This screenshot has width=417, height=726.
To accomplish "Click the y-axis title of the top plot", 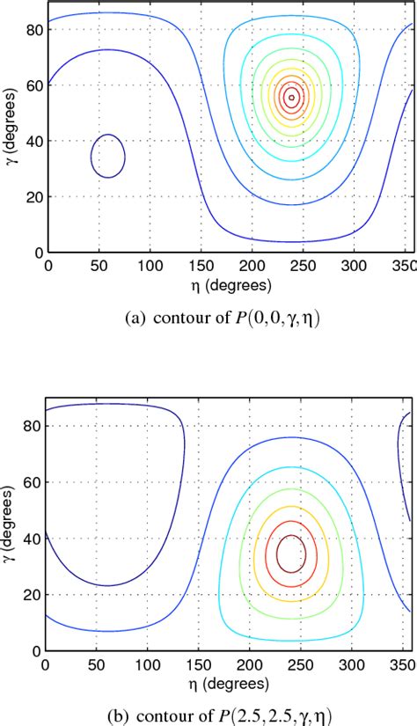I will tap(11, 128).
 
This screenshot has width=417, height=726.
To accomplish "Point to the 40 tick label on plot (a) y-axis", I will tap(33, 142).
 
